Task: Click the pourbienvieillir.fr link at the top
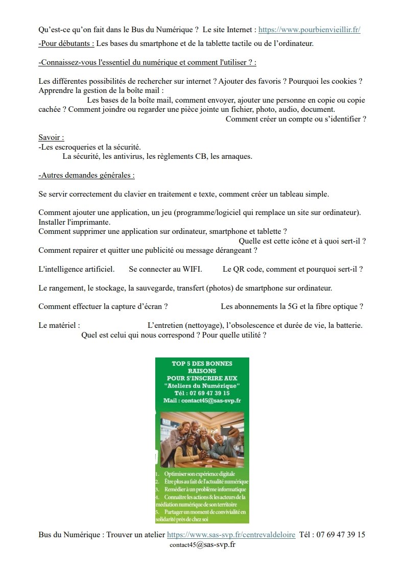(309, 30)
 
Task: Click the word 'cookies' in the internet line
(349, 81)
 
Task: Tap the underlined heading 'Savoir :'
(51, 137)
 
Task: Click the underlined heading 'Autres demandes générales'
(86, 175)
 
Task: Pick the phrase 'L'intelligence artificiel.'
(76, 269)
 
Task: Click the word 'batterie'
(348, 325)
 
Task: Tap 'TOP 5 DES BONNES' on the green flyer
(202, 364)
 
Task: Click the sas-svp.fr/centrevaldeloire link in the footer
(231, 535)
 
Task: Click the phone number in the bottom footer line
(341, 535)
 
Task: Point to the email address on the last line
(202, 544)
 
